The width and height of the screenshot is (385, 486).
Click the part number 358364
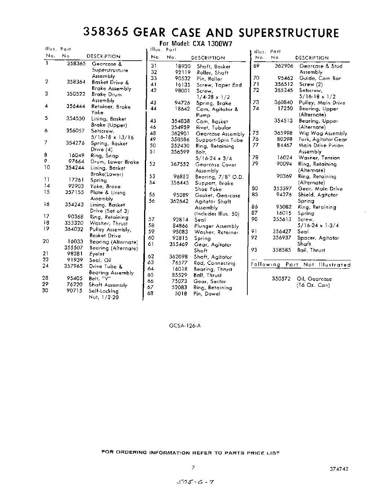[x=76, y=82]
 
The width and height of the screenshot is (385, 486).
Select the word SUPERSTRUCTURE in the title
[x=288, y=33]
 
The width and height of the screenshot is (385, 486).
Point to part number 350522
[x=76, y=94]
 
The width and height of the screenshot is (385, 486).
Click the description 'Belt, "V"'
[x=100, y=279]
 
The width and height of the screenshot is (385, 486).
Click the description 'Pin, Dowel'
[x=206, y=294]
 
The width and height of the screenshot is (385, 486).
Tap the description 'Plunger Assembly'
[x=216, y=226]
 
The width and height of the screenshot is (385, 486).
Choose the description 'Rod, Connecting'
[x=214, y=263]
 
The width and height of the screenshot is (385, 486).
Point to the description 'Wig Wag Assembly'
[x=323, y=133]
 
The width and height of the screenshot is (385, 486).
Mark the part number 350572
[x=282, y=279]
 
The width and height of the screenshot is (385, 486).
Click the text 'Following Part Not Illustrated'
[x=301, y=265]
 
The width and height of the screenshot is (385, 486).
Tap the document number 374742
[x=339, y=469]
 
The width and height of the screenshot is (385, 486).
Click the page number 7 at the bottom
[x=194, y=467]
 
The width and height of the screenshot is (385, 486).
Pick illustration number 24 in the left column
[x=46, y=266]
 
